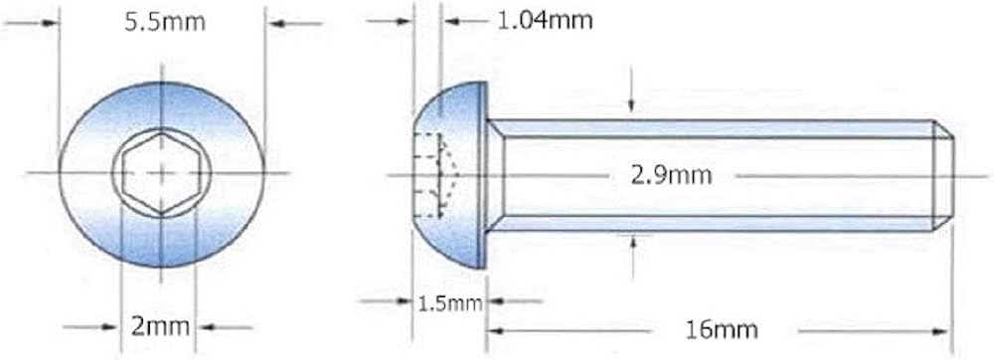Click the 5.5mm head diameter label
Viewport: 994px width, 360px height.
pos(165,22)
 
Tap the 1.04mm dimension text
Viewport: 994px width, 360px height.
pos(544,20)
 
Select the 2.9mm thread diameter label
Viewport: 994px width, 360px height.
pos(671,175)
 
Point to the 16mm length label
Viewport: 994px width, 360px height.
pos(722,329)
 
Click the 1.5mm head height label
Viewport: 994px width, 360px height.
pos(450,303)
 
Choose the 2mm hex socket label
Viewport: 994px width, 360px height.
pos(160,327)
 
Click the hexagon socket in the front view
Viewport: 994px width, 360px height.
pos(162,172)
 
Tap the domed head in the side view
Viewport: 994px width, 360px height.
pos(450,175)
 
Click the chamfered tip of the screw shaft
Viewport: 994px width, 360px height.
pos(944,175)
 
